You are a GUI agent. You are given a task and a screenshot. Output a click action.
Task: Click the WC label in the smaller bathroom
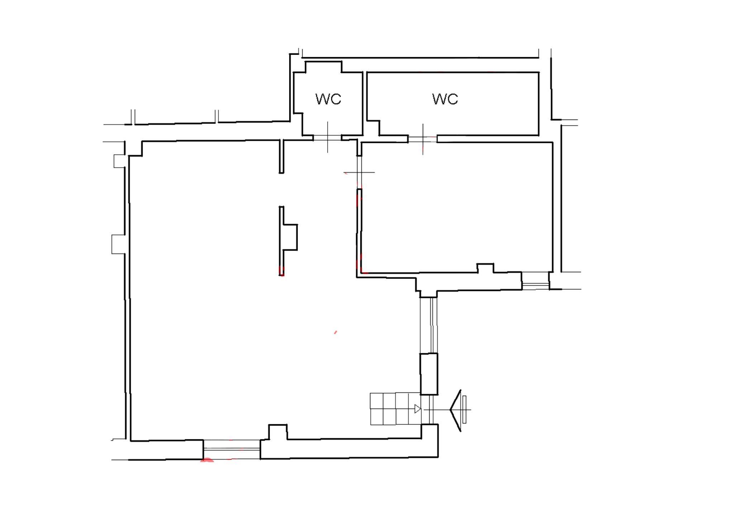[328, 99]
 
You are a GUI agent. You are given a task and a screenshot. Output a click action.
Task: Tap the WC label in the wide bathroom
[445, 99]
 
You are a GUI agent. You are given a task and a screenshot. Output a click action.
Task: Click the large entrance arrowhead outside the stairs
[456, 410]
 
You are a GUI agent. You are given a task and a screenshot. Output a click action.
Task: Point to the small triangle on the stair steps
[418, 409]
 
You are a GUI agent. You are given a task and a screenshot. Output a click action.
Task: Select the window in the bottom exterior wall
[232, 449]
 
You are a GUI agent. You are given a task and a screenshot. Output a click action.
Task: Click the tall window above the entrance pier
[429, 325]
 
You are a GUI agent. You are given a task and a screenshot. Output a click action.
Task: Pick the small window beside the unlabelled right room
[535, 281]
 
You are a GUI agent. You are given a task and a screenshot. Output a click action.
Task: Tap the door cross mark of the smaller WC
[327, 137]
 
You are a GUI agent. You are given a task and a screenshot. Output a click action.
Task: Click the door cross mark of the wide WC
[423, 139]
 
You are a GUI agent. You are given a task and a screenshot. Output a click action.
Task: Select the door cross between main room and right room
[359, 172]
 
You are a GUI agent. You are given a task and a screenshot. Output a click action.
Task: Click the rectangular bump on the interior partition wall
[290, 237]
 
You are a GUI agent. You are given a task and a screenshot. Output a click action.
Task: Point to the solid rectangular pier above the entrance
[429, 374]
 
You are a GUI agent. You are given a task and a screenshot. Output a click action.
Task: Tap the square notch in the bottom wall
[278, 432]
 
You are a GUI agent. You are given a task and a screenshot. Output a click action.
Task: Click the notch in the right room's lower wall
[485, 268]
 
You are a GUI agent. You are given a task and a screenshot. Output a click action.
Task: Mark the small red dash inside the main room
[335, 332]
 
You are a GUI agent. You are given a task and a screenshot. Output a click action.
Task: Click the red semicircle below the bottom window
[207, 460]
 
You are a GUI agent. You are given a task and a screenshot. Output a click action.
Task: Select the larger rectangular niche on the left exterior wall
[119, 244]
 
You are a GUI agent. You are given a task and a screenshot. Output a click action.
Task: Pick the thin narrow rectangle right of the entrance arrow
[464, 409]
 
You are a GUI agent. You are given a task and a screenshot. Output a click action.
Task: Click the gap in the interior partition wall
[281, 190]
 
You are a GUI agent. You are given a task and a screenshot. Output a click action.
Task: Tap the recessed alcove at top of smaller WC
[323, 67]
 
